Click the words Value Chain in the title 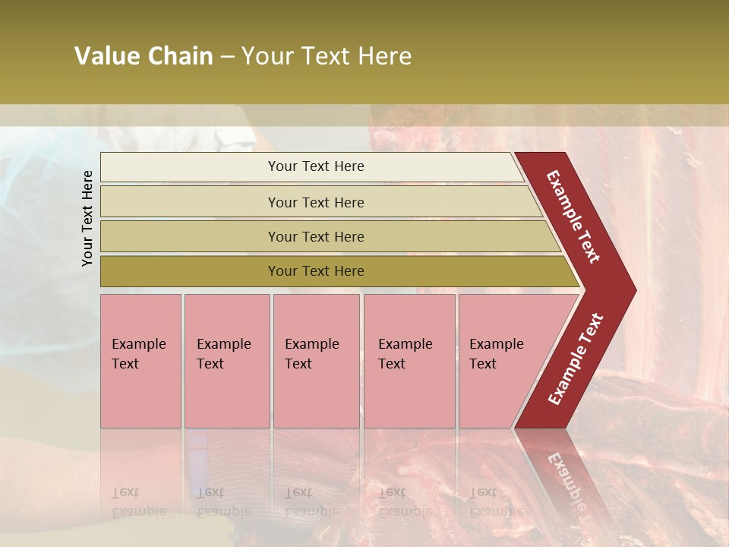pos(144,56)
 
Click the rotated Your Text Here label pos(88,218)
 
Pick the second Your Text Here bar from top pos(316,202)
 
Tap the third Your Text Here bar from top pos(316,236)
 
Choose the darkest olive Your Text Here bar pos(316,271)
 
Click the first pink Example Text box pos(140,361)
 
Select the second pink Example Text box pos(226,361)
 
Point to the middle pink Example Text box pos(316,361)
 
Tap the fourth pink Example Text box pos(409,361)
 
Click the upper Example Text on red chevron pos(574,217)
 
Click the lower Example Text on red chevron pos(576,359)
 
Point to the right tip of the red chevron pos(634,290)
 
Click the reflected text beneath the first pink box pos(138,502)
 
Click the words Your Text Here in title pos(327,56)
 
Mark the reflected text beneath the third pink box pos(311,502)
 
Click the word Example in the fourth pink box pos(406,344)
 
